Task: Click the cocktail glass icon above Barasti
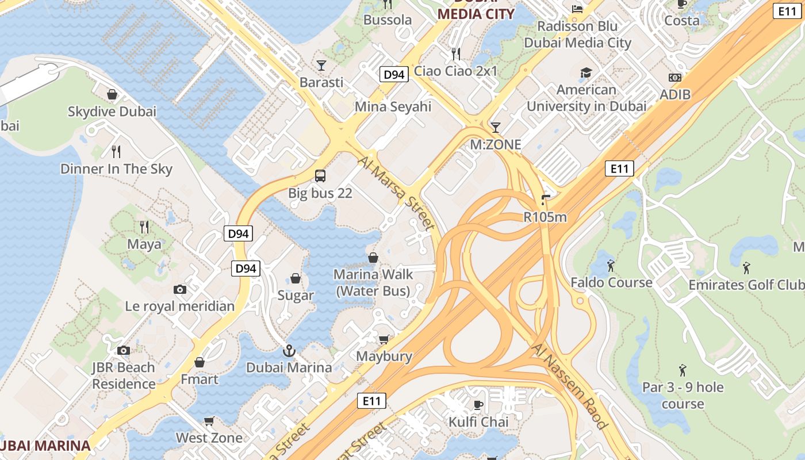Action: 321,65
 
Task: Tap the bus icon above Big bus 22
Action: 320,176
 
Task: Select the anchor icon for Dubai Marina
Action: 289,350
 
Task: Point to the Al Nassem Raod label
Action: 570,386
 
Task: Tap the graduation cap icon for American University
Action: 586,73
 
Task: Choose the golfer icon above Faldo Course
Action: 611,266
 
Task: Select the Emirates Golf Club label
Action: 746,285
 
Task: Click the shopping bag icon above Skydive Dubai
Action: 112,94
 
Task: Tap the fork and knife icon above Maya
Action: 144,227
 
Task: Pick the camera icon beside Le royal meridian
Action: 180,289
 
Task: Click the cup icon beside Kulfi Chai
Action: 478,405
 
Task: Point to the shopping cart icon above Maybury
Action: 384,339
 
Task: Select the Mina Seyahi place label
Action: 393,106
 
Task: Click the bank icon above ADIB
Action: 675,78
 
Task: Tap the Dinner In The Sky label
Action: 116,169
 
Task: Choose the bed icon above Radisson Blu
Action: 577,9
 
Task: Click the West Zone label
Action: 209,438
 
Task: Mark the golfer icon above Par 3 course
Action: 683,370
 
